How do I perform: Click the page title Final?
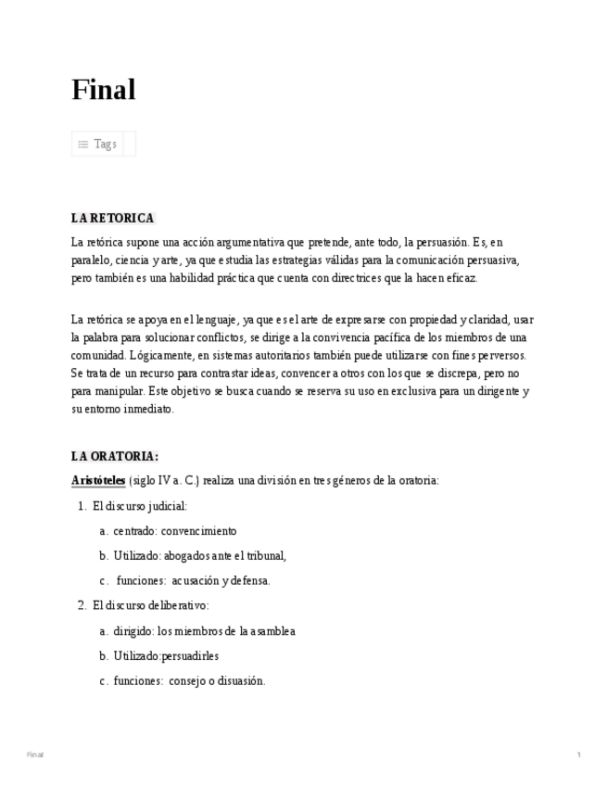click(x=104, y=90)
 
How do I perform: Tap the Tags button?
click(x=104, y=144)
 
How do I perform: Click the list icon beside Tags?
click(x=83, y=145)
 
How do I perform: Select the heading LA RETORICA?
click(x=112, y=218)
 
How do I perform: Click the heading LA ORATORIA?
click(x=115, y=456)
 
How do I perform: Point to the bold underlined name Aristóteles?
click(x=98, y=480)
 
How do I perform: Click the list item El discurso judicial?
click(x=140, y=506)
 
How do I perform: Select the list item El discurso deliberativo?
click(x=151, y=605)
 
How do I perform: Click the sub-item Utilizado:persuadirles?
click(x=166, y=656)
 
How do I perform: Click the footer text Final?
click(x=35, y=754)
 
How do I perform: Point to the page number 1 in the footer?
click(x=578, y=754)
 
